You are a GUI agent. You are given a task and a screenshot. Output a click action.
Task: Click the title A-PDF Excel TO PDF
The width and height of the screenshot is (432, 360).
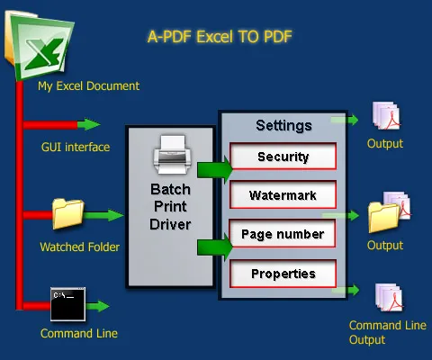click(x=220, y=37)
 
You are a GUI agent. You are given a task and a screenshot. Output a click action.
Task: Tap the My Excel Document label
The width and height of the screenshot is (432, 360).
click(x=88, y=86)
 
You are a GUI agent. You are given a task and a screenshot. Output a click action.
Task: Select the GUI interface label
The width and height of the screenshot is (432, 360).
click(x=76, y=147)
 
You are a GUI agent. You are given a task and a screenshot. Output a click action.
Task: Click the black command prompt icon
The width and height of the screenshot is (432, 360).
click(x=67, y=303)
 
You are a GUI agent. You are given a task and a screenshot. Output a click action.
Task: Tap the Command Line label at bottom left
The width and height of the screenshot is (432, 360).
click(x=78, y=333)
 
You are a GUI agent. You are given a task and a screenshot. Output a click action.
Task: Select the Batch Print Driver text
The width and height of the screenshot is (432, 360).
click(x=170, y=206)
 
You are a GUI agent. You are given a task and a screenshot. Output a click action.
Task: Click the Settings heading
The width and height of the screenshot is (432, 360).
click(x=283, y=125)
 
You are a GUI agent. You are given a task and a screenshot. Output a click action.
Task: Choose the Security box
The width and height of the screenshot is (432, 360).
click(x=283, y=157)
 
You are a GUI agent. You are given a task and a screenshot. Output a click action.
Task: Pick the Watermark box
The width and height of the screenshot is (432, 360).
click(x=283, y=193)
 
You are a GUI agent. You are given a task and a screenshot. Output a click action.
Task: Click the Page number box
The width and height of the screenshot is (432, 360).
click(x=283, y=234)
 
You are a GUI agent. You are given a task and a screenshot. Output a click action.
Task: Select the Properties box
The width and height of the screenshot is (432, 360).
click(x=283, y=274)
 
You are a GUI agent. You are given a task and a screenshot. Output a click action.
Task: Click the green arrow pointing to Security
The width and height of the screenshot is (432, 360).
click(x=214, y=168)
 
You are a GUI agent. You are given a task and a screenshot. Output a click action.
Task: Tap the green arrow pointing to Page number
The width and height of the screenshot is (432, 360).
click(x=214, y=245)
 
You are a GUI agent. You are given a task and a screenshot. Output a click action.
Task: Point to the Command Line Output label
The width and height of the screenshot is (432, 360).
click(x=381, y=332)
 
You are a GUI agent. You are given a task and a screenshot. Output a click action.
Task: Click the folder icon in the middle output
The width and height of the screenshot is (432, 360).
click(x=382, y=217)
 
